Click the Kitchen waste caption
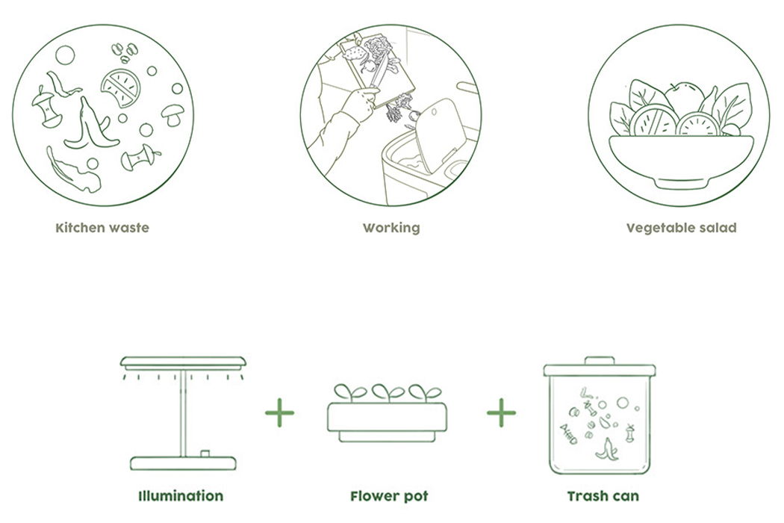coord(102,228)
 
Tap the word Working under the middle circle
coord(391,228)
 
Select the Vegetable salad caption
coord(682,228)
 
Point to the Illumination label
coord(181,496)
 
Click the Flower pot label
coord(389,496)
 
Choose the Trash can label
coord(603,496)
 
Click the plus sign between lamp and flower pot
coord(279,413)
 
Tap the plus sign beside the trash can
coord(501,413)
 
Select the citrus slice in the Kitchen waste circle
coord(120,88)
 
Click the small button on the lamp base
coord(205,454)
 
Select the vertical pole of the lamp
coord(183,413)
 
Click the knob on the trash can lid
coord(600,361)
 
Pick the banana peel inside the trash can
coord(607,449)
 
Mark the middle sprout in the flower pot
coord(388,392)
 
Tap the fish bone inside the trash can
coord(568,434)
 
